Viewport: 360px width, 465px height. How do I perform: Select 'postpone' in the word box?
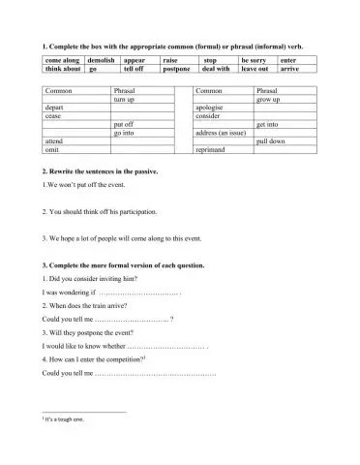pos(177,70)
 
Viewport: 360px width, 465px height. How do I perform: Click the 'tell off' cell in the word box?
pos(135,70)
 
